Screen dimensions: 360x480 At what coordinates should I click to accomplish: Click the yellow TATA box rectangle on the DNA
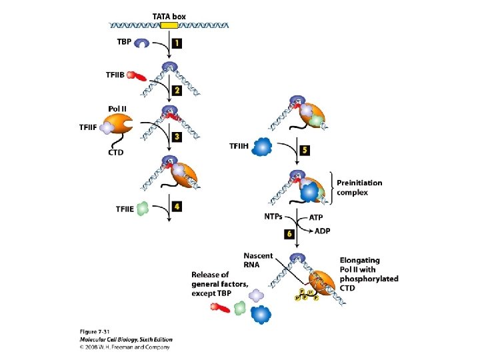[169, 25]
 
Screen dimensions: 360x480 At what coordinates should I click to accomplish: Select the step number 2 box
[177, 90]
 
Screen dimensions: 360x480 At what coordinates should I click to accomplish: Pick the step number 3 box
[177, 137]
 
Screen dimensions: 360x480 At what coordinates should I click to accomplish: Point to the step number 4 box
[177, 207]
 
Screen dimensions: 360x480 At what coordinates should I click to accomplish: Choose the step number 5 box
[305, 150]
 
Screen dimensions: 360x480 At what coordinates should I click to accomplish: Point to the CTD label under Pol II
[116, 153]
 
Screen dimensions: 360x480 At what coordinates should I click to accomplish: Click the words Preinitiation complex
[360, 187]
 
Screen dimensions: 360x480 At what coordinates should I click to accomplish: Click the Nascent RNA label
[257, 261]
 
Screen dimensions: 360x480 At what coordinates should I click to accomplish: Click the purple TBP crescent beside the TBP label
[142, 44]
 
